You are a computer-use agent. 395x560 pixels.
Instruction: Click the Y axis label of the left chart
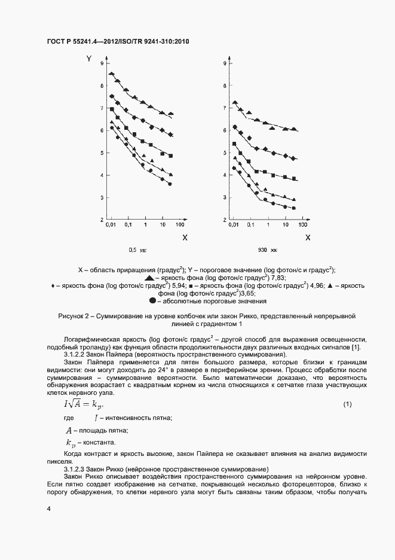pos(88,59)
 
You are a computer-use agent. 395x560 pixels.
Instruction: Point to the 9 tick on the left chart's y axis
pos(102,63)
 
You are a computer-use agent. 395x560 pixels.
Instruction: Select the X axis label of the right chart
pos(308,238)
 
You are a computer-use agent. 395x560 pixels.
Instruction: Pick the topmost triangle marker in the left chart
pos(111,74)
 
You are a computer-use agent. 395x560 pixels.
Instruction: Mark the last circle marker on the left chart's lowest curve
pos(170,184)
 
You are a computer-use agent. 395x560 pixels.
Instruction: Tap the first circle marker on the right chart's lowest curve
pos(234,168)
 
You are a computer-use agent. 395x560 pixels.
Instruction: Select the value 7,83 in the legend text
pos(261,278)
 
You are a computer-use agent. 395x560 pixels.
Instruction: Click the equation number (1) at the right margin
pos(347,406)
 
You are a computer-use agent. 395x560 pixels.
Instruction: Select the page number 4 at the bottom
pos(48,509)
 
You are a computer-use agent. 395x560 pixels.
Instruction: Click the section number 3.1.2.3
pos(75,468)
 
